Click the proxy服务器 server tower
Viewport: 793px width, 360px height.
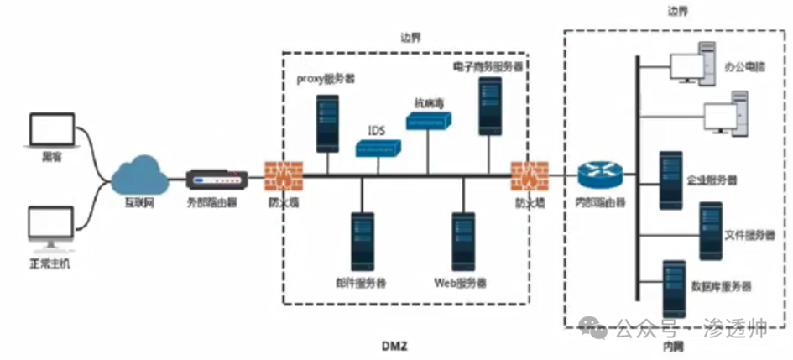coord(327,123)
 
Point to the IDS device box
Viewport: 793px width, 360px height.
coord(379,149)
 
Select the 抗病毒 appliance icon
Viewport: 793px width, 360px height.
coord(430,121)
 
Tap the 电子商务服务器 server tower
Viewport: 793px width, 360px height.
coord(490,104)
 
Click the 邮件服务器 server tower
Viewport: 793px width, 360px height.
coord(362,240)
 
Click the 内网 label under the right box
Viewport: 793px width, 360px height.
coord(671,347)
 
